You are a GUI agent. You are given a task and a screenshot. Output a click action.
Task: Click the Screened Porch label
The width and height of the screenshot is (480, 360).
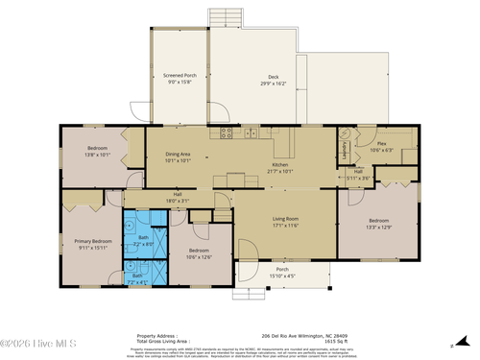click(x=180, y=79)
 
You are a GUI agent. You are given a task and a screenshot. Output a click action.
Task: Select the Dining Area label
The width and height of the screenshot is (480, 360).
click(x=179, y=156)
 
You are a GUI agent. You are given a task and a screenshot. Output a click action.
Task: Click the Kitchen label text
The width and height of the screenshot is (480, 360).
click(x=279, y=168)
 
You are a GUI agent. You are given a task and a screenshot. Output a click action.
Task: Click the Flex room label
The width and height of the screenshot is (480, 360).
click(x=381, y=146)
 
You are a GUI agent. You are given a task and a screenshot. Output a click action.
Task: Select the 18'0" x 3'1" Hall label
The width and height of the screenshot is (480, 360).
click(x=178, y=199)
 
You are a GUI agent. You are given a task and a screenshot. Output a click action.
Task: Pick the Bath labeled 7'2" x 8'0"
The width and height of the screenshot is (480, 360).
click(x=143, y=241)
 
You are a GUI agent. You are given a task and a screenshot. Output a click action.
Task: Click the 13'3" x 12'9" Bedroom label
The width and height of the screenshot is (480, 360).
click(x=378, y=224)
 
